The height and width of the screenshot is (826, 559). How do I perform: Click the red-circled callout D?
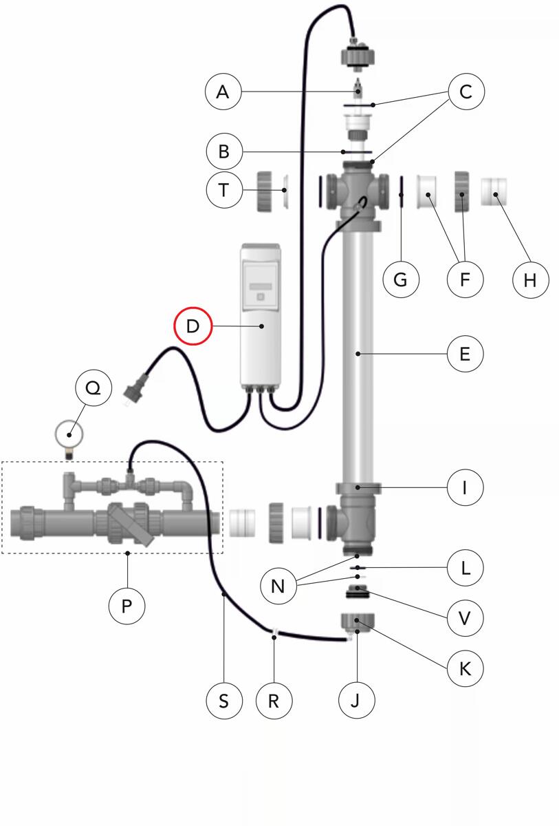pyautogui.click(x=193, y=326)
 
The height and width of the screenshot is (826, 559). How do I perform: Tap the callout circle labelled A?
pyautogui.click(x=223, y=92)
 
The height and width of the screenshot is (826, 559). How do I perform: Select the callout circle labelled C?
pyautogui.click(x=466, y=92)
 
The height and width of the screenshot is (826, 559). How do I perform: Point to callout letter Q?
pyautogui.click(x=94, y=388)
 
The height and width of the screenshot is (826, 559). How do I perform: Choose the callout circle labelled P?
pyautogui.click(x=127, y=606)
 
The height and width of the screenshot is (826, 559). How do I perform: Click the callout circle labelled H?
pyautogui.click(x=530, y=280)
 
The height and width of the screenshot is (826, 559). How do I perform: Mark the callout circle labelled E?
pyautogui.click(x=465, y=354)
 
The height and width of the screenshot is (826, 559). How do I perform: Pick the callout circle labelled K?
pyautogui.click(x=465, y=668)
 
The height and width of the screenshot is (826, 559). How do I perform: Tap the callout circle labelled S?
pyautogui.click(x=224, y=701)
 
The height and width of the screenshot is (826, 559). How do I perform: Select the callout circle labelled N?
pyautogui.click(x=278, y=586)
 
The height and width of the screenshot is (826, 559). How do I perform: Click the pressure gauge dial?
pyautogui.click(x=69, y=435)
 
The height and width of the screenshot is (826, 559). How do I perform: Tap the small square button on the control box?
pyautogui.click(x=261, y=297)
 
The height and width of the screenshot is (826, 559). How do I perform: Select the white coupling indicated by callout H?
pyautogui.click(x=494, y=192)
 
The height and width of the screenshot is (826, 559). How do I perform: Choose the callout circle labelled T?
pyautogui.click(x=224, y=190)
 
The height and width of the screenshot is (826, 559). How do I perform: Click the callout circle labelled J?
pyautogui.click(x=356, y=700)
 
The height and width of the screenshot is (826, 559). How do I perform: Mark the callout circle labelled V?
pyautogui.click(x=465, y=618)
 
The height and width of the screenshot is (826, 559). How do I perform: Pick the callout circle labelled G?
pyautogui.click(x=401, y=279)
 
